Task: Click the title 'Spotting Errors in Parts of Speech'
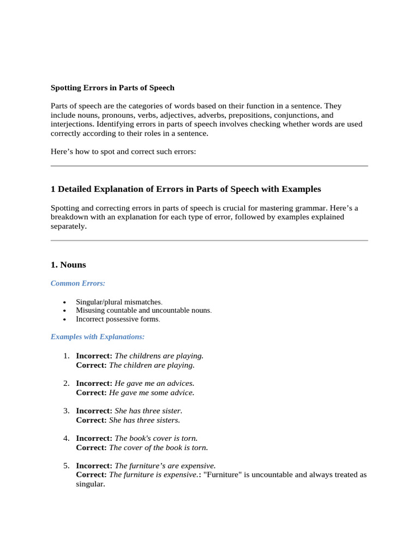point(112,87)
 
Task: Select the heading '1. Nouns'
point(68,265)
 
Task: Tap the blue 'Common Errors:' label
point(78,283)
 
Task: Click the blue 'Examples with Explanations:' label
point(98,337)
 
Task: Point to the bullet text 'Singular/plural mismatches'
point(118,302)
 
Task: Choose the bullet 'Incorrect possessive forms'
point(117,319)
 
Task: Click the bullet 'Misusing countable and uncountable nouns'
point(143,311)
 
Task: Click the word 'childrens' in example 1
point(146,356)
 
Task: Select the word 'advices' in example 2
point(180,384)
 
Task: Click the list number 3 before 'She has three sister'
point(65,411)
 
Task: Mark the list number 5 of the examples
point(65,466)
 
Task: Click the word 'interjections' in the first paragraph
point(72,124)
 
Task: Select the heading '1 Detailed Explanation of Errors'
point(185,189)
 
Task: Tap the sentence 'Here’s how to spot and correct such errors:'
point(123,151)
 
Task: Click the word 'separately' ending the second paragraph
point(68,226)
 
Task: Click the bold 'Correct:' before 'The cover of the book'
point(91,447)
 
